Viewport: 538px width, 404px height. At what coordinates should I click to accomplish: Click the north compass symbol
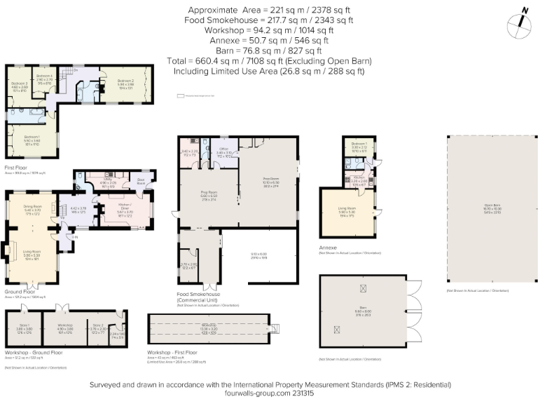tap(520, 20)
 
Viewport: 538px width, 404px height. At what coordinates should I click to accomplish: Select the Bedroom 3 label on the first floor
tap(19, 83)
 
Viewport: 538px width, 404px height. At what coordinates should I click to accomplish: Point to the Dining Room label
tap(33, 206)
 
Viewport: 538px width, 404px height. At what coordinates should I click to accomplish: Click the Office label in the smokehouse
tap(224, 149)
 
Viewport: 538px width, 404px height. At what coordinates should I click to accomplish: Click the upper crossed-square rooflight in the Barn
tap(362, 288)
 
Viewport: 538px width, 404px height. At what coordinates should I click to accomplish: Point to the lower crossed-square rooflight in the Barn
tap(336, 330)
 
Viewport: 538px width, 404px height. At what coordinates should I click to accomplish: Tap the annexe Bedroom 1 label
tap(359, 144)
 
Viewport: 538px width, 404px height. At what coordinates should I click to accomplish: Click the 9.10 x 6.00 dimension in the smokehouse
tap(260, 253)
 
